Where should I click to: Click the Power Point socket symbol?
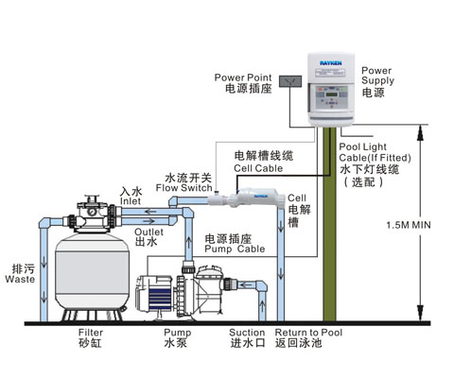(x=290, y=81)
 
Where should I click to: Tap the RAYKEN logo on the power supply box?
(x=331, y=63)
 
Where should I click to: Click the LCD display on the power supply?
(x=332, y=94)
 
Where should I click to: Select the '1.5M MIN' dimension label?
(x=409, y=225)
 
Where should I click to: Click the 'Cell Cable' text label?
(x=258, y=168)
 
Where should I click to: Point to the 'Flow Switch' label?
(x=183, y=188)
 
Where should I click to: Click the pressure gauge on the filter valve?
(x=93, y=212)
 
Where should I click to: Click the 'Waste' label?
(x=20, y=279)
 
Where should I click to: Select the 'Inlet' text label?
(x=131, y=201)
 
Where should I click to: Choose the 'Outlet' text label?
(x=148, y=232)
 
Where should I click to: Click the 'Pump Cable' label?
(x=235, y=249)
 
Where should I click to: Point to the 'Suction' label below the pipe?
(x=247, y=333)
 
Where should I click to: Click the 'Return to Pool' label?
(x=308, y=333)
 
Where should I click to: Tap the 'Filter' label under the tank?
(x=91, y=333)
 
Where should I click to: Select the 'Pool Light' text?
(x=362, y=146)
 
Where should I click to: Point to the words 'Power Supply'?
(x=377, y=76)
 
